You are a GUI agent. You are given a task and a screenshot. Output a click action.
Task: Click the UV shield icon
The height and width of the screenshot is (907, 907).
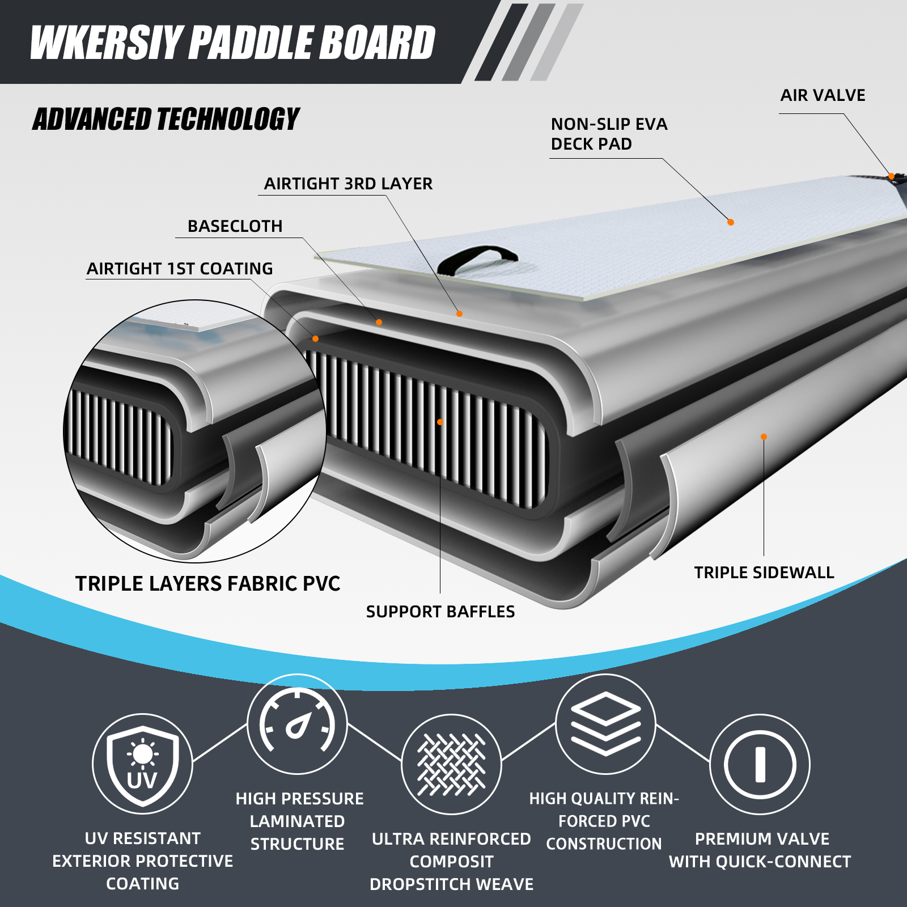point(142,764)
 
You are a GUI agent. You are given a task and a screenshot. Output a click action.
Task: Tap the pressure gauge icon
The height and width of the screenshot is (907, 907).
point(297,724)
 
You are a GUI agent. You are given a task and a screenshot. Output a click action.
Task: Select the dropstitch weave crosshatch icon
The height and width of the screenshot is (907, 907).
point(451,764)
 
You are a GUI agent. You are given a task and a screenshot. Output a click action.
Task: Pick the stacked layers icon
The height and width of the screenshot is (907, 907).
point(605,724)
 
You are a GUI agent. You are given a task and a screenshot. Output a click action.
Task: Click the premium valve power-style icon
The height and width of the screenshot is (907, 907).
point(760,764)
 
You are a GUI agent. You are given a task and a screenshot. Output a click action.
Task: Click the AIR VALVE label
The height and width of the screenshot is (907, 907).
point(823,95)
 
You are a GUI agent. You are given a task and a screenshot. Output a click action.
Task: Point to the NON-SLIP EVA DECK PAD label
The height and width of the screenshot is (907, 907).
point(609,134)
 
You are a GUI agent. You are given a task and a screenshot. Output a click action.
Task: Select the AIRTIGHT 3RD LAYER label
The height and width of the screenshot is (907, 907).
point(348,184)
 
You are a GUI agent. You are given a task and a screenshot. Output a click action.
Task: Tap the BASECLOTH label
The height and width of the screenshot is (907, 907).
point(235,226)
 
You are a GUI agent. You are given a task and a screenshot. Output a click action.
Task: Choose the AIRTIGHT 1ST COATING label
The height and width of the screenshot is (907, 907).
point(180,269)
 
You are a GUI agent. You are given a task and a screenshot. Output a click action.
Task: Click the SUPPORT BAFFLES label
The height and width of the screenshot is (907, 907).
point(440,612)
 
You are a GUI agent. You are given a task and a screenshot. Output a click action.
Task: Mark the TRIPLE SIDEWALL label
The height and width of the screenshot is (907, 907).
point(764,573)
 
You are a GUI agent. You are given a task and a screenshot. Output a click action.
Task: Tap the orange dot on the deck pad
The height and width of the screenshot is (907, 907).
point(731,222)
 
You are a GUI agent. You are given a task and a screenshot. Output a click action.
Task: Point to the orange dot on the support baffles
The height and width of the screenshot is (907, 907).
point(440,422)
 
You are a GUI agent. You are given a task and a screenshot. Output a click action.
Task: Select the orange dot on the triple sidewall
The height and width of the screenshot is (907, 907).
point(764,436)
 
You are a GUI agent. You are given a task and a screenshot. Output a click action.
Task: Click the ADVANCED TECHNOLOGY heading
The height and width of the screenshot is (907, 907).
point(166,120)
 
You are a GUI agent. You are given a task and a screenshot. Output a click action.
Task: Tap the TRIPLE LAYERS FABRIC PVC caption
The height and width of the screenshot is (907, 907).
point(207,584)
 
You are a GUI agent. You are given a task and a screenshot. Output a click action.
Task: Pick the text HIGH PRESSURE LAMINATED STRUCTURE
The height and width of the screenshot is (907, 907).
point(299,821)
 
